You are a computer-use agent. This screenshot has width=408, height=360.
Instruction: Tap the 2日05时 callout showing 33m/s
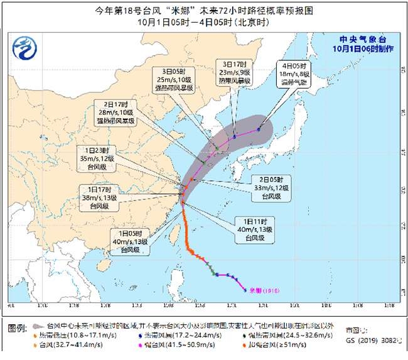pyautogui.click(x=272, y=187)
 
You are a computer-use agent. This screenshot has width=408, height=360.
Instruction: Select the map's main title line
pyautogui.click(x=204, y=11)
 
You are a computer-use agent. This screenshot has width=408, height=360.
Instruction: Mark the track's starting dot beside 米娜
pyautogui.click(x=244, y=290)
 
